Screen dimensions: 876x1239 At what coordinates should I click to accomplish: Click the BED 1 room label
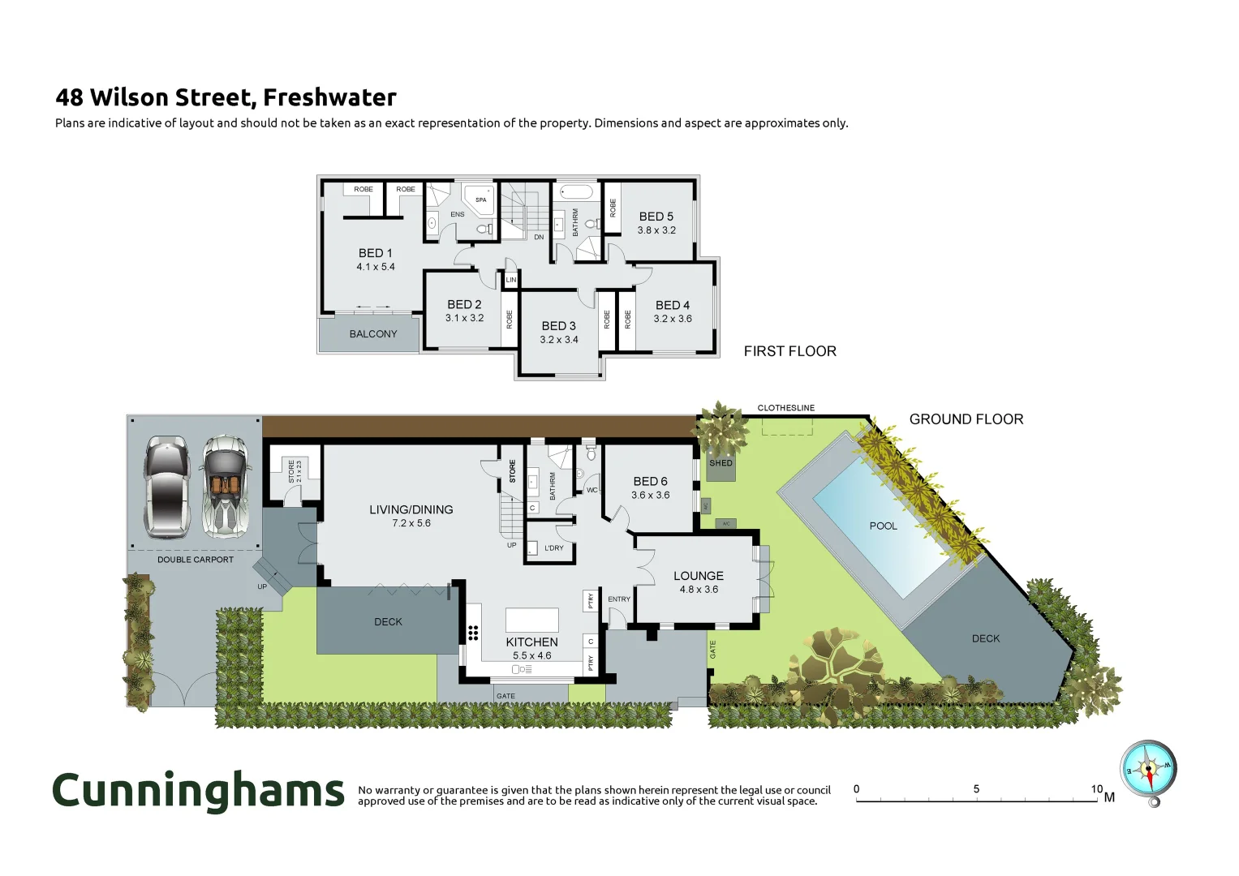[375, 253]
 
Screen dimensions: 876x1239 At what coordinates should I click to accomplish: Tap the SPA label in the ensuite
[481, 200]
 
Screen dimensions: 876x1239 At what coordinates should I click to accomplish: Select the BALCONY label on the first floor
[373, 334]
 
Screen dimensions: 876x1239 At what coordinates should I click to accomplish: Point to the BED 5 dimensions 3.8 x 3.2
[656, 230]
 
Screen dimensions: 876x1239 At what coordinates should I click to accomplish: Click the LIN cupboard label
[511, 280]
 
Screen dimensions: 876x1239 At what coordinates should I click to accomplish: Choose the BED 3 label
[558, 326]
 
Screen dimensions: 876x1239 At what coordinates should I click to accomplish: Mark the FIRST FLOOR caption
[789, 351]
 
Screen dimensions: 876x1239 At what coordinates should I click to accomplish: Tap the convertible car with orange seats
[224, 487]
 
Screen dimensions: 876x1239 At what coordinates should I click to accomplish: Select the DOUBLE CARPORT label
[196, 560]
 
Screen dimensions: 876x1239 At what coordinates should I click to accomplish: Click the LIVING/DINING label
[411, 509]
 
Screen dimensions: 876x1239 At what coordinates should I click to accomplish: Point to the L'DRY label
[554, 548]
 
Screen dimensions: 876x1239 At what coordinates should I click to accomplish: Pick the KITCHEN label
[531, 642]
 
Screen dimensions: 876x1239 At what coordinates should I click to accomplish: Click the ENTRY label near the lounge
[619, 599]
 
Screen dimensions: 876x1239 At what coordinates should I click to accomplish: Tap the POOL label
[883, 526]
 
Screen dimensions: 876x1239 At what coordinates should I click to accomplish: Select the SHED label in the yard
[721, 463]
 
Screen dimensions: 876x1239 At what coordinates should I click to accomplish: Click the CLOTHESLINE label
[785, 408]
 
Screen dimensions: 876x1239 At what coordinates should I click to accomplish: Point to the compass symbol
[1148, 770]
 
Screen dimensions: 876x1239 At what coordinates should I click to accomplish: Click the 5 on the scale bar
[976, 789]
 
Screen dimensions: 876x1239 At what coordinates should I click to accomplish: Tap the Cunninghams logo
[199, 791]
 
